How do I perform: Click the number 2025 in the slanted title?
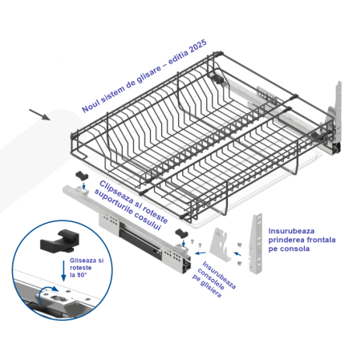pos(197,46)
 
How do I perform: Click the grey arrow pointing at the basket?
pos(39,115)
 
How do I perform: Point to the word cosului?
pos(148,220)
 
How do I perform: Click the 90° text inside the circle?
pos(82,275)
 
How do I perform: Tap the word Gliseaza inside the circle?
pos(87,261)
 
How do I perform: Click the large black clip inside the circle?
pos(60,241)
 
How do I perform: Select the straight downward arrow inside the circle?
pos(63,271)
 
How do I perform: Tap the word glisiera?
pos(211,289)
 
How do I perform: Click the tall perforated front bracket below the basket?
pos(255,244)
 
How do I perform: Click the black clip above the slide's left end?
pos(82,176)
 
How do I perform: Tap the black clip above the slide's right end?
pos(182,233)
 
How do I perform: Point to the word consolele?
pos(211,279)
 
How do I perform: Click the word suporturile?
pos(114,202)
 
